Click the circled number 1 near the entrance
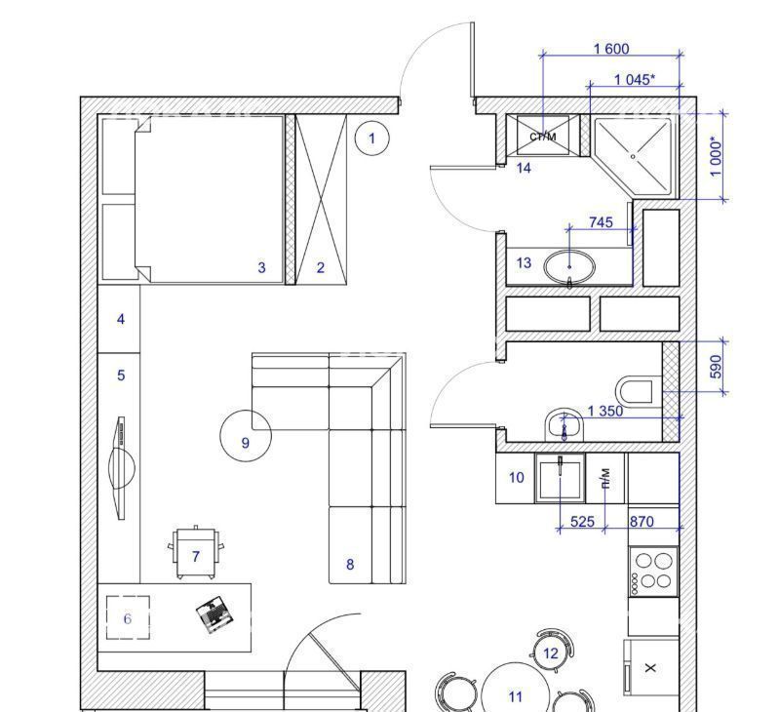[371, 138]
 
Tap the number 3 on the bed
[262, 268]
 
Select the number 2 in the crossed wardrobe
[321, 268]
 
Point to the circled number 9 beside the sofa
[246, 436]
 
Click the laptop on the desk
[214, 614]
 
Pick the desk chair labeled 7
[196, 553]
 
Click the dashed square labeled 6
[128, 617]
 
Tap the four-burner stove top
[653, 572]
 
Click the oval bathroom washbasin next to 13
[569, 268]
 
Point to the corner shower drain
[633, 156]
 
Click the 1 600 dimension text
[611, 49]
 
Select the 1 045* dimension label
[635, 79]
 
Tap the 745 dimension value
[601, 222]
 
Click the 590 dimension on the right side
[716, 367]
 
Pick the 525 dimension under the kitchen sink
[582, 521]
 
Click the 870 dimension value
[642, 521]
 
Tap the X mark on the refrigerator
[650, 668]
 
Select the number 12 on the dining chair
[551, 653]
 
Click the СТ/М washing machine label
[543, 137]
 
